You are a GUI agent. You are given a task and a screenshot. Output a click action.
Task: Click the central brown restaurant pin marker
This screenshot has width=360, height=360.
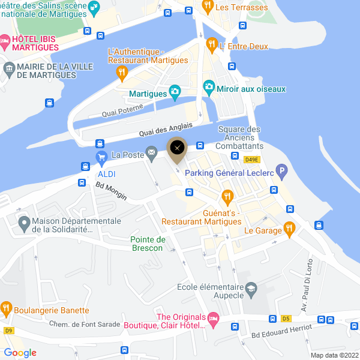(176, 149)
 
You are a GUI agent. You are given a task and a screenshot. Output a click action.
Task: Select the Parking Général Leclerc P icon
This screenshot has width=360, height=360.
(280, 171)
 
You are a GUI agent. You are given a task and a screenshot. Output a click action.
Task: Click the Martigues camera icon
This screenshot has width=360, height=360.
(175, 92)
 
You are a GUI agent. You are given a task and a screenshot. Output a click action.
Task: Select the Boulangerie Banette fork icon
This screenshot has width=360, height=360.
(6, 308)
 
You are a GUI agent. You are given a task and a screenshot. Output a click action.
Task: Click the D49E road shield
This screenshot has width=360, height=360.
(251, 159)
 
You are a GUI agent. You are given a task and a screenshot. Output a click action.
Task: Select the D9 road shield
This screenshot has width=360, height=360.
(8, 330)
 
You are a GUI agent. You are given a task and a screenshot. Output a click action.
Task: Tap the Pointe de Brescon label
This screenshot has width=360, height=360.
(148, 244)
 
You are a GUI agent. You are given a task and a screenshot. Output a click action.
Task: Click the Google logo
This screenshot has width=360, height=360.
(20, 353)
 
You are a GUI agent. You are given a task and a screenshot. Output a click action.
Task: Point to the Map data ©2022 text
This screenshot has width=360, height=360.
(334, 355)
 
